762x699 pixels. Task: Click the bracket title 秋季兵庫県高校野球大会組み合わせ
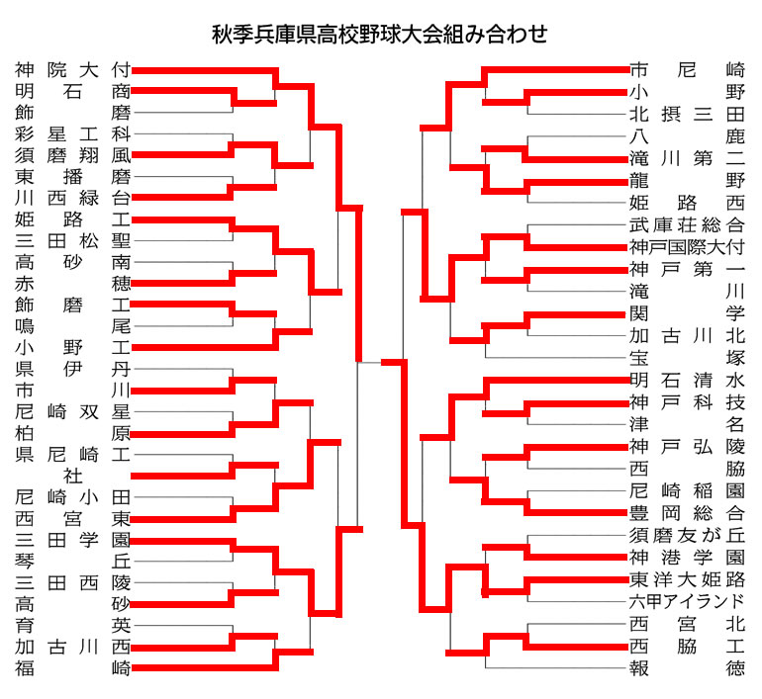(x=380, y=35)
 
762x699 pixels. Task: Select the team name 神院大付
(x=73, y=70)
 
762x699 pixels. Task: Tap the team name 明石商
(x=73, y=91)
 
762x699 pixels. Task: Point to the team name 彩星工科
(x=73, y=134)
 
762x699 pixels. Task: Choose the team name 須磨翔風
(x=73, y=155)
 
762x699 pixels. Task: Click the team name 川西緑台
(x=73, y=198)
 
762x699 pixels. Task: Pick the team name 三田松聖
(x=73, y=241)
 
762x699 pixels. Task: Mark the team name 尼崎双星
(x=73, y=411)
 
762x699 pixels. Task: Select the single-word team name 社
(x=73, y=476)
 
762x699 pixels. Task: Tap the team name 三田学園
(x=73, y=540)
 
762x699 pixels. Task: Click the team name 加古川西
(x=73, y=647)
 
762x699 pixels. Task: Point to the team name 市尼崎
(x=687, y=70)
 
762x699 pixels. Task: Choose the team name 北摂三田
(x=687, y=114)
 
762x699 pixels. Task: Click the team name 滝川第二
(x=687, y=158)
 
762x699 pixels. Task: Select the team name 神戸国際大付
(x=687, y=247)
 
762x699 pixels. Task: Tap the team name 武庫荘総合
(x=687, y=224)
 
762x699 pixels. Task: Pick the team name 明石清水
(x=687, y=380)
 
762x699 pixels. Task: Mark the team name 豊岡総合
(x=687, y=513)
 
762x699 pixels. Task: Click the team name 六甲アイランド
(x=687, y=602)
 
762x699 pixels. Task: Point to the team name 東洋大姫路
(x=687, y=579)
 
